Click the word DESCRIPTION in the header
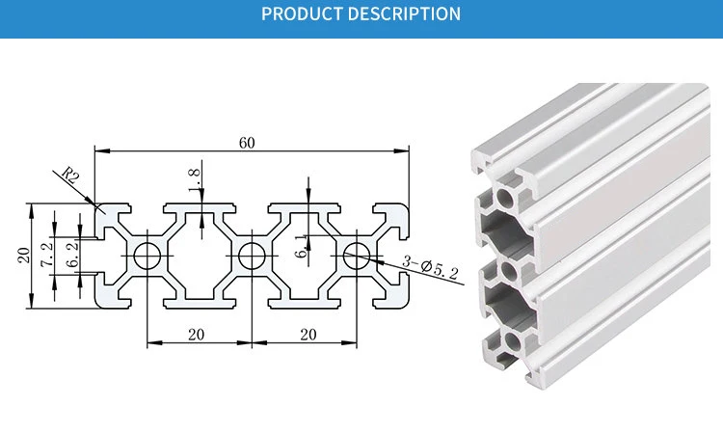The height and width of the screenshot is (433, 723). pos(404,14)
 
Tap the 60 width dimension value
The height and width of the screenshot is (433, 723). pos(247,143)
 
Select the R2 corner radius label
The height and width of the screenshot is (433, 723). pos(70,175)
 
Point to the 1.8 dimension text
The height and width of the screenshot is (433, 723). pos(195,179)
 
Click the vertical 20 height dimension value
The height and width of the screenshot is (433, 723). pos(23,256)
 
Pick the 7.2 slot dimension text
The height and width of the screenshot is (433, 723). pos(47,255)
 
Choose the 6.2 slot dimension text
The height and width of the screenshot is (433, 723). pos(72,254)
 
